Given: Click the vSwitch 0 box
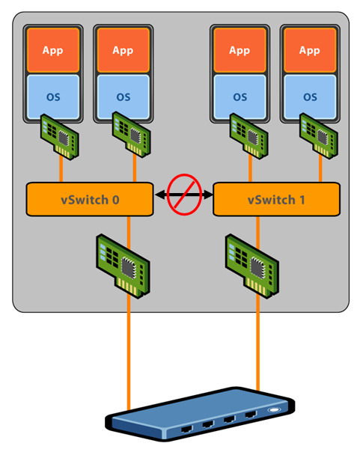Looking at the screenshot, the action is point(90,199).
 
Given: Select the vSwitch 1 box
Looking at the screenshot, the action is point(277,199).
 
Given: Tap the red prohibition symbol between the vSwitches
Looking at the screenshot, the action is point(184,195).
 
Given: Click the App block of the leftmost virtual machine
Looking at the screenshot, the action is point(53,50).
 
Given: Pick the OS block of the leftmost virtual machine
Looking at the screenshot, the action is point(53,97).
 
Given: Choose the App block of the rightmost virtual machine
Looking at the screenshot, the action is point(310,50).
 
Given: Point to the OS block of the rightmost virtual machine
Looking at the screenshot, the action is point(310,97).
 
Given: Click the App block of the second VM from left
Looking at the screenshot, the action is point(123,50).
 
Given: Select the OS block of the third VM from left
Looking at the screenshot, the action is point(240,97).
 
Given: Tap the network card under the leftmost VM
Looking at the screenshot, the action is point(60,137).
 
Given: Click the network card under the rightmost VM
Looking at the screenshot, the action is point(319,135).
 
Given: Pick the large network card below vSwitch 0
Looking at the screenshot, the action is point(123,266).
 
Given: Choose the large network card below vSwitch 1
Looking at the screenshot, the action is point(252,266).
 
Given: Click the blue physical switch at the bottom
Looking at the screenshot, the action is point(200,414).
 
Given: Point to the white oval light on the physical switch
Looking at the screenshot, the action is point(274,410).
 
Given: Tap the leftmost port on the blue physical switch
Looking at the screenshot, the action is point(187,429).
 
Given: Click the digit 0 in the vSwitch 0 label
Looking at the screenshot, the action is point(115,200).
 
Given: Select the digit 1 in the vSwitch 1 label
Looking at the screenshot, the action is point(302,200).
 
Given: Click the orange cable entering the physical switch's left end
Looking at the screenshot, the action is point(129,353).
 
